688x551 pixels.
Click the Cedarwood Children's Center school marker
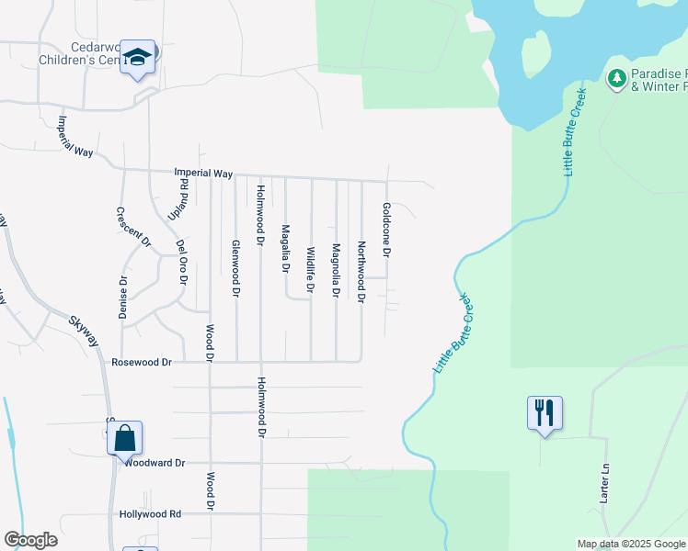(139, 59)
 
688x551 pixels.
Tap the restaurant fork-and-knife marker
(544, 412)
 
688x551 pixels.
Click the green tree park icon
(616, 78)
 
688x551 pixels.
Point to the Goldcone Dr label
(387, 230)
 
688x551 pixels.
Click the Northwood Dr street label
(361, 272)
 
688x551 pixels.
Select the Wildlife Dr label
(311, 270)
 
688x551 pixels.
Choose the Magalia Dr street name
(285, 249)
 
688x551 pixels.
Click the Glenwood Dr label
(235, 268)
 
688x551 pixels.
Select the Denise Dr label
(122, 298)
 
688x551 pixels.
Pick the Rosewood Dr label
(142, 363)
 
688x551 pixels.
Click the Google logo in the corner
(30, 540)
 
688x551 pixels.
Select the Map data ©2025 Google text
(630, 544)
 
